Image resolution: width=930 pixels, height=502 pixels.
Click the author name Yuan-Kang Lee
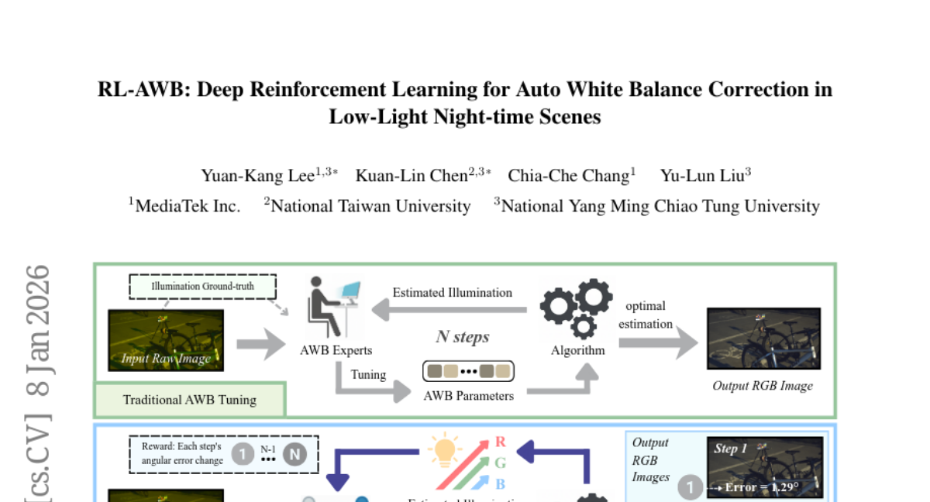point(257,176)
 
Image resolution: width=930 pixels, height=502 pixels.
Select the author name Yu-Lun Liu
point(701,176)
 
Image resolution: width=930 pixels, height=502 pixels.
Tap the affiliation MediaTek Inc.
point(188,206)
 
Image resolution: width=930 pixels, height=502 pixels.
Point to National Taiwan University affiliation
point(370,206)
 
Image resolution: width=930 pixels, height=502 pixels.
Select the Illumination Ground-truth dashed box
point(202,287)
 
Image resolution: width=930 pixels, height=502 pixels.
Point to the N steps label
point(463,337)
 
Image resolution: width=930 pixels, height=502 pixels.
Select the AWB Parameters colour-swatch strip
point(468,371)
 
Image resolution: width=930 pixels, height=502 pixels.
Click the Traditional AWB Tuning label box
point(190,400)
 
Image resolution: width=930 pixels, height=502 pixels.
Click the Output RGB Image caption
point(763,385)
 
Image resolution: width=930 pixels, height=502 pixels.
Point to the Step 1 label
point(731,449)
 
